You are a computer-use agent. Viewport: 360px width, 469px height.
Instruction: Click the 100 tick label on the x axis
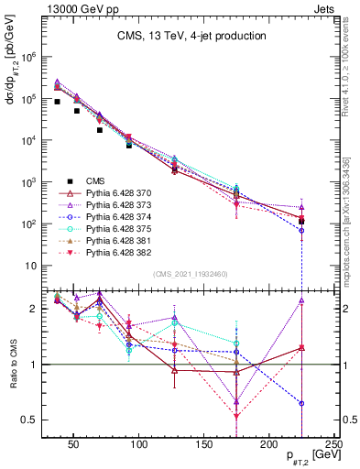click(139, 444)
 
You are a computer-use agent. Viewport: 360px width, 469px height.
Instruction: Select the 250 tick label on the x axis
click(334, 444)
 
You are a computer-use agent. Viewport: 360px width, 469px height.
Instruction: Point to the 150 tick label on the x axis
click(204, 444)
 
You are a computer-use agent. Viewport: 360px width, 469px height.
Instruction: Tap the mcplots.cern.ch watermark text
click(351, 211)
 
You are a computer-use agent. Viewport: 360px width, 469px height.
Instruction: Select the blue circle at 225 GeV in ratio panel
click(301, 403)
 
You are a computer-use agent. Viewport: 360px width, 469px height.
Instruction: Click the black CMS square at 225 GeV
click(301, 221)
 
